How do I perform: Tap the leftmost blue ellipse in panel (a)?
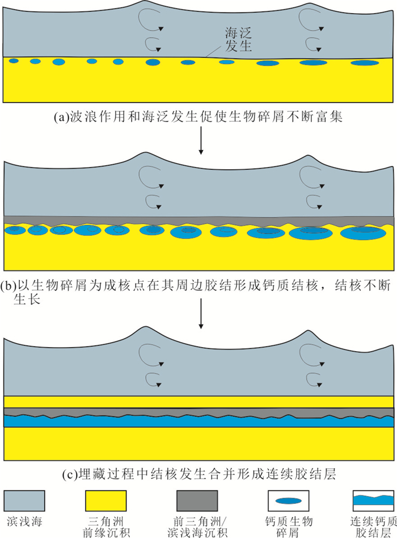pyautogui.click(x=14, y=61)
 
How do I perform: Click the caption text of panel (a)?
pyautogui.click(x=198, y=118)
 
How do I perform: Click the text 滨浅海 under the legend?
pyautogui.click(x=25, y=521)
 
